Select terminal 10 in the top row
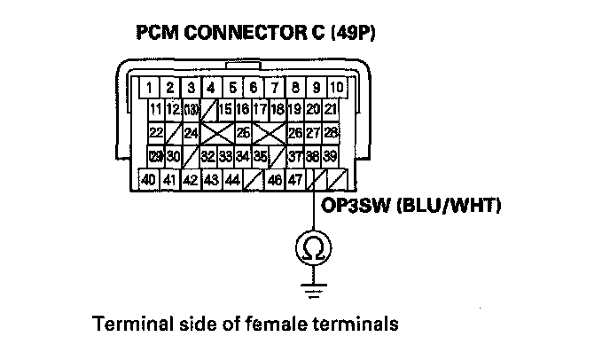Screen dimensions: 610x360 [337, 88]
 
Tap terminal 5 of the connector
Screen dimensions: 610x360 [232, 88]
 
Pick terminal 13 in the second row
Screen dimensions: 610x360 [190, 110]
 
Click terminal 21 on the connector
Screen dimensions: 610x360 [331, 110]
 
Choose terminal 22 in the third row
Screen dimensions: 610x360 [157, 133]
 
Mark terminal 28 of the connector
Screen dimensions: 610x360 [331, 133]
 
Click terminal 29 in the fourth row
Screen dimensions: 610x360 [156, 156]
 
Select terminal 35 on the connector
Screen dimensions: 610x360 [260, 156]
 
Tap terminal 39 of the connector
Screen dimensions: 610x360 [331, 156]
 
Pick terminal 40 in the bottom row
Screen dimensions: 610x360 [148, 179]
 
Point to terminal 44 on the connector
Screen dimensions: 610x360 [232, 179]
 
